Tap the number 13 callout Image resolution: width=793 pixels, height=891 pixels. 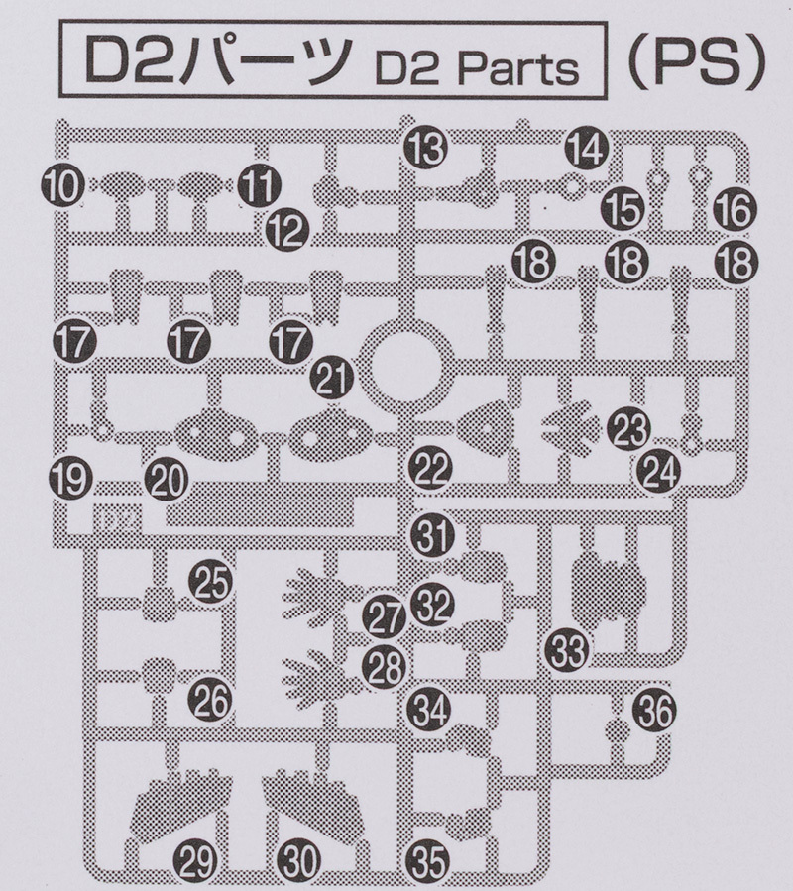tap(427, 149)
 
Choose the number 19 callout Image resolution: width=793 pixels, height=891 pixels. tap(70, 482)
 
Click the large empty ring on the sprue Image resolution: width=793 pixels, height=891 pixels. tap(401, 368)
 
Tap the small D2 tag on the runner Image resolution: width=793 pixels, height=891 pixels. tap(117, 518)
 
